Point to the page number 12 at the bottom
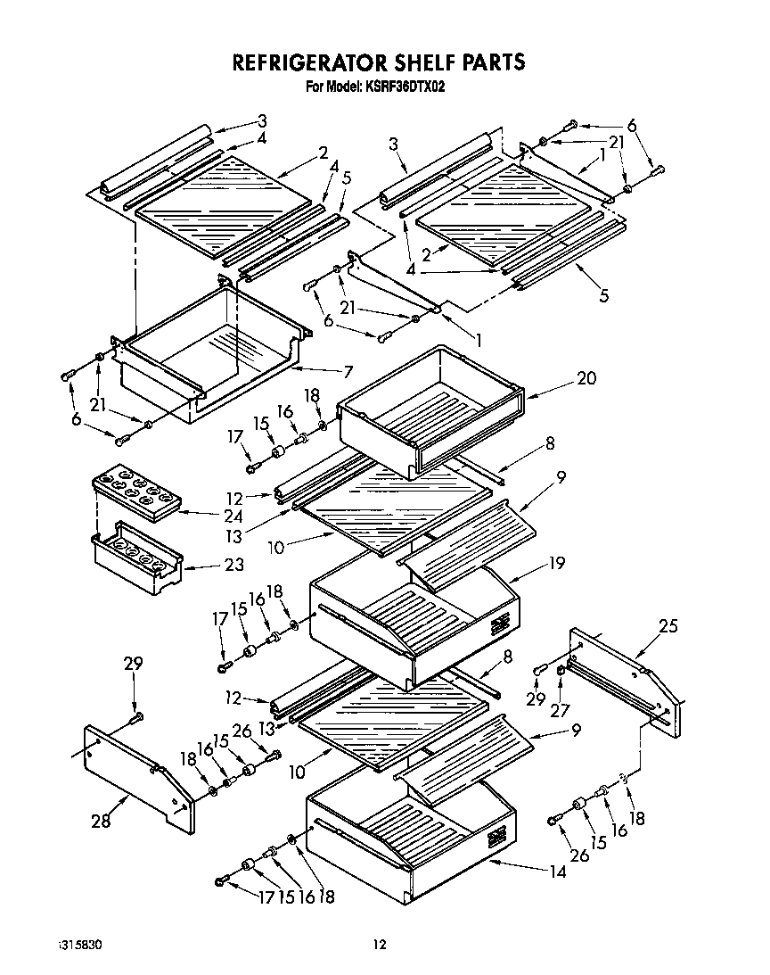point(380,944)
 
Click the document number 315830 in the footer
point(79,944)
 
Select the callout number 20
point(586,377)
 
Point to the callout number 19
point(556,564)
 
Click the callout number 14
point(557,872)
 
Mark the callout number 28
point(102,822)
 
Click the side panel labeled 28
point(138,774)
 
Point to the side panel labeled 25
point(624,678)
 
